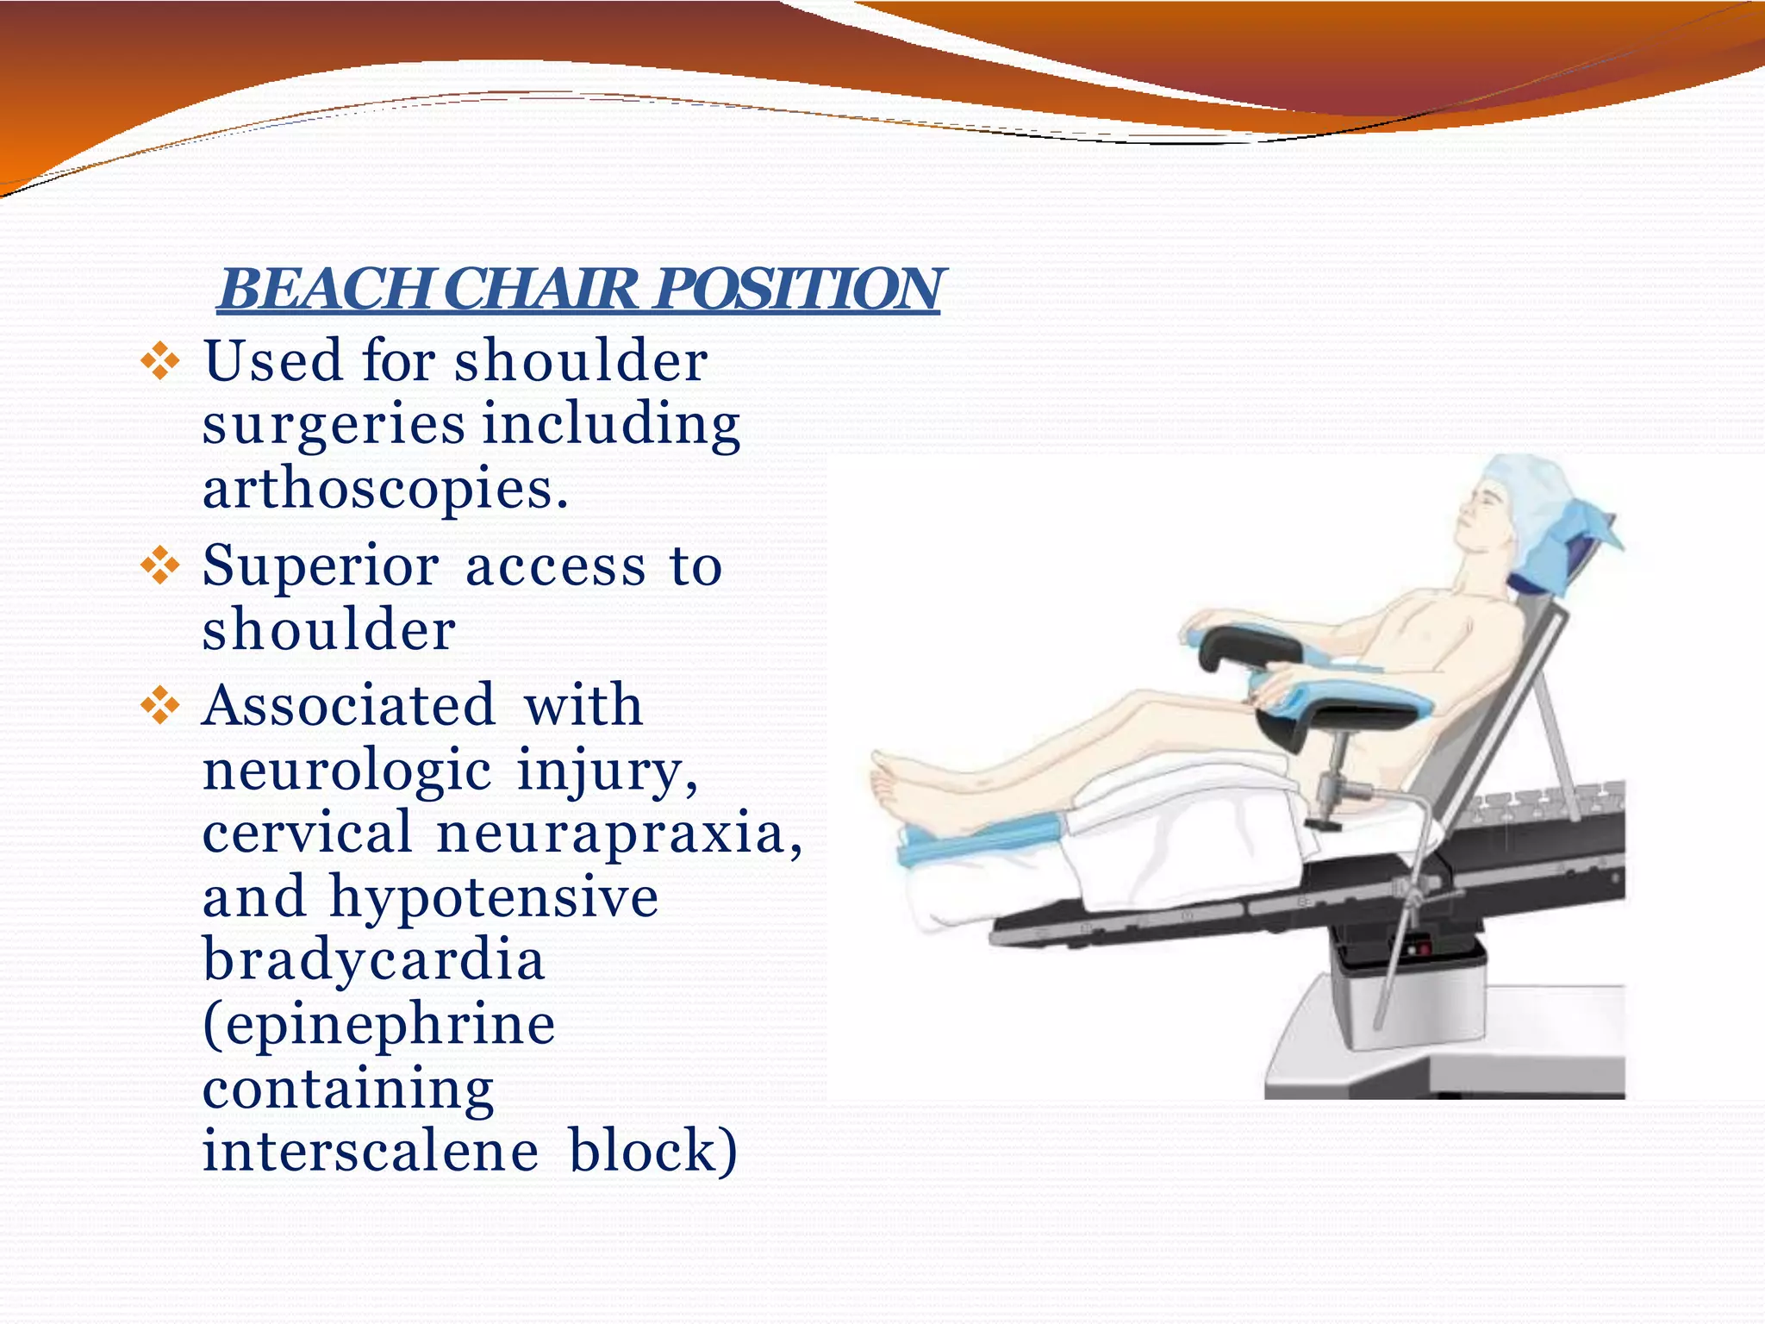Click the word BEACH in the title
click(x=323, y=289)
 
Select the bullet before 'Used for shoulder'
click(x=160, y=362)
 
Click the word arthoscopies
click(x=385, y=489)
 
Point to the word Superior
click(x=321, y=567)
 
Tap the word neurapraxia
click(x=619, y=834)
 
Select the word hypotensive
click(x=495, y=897)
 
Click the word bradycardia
click(x=374, y=959)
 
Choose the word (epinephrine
click(x=379, y=1024)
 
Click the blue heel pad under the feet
click(x=974, y=840)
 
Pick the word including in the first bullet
click(x=611, y=425)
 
